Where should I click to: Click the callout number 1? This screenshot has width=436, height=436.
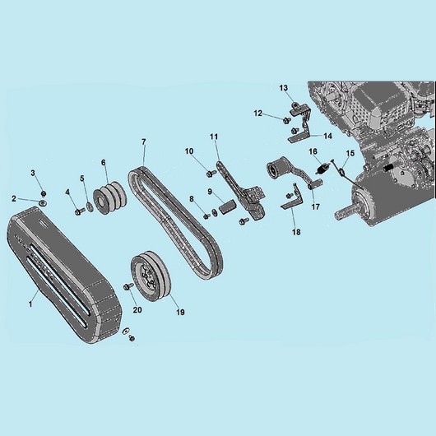tap(30, 304)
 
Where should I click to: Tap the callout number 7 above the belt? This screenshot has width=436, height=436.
tap(144, 142)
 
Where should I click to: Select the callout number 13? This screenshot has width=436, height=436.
tap(284, 88)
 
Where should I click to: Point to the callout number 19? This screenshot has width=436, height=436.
tap(180, 313)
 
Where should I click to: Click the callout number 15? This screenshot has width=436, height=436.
tap(350, 153)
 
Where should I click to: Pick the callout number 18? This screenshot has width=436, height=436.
tap(296, 232)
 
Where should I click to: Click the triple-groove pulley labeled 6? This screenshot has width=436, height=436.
tap(109, 197)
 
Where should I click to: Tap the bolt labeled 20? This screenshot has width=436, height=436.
tap(128, 285)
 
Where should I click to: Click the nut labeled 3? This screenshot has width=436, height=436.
tap(44, 193)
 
